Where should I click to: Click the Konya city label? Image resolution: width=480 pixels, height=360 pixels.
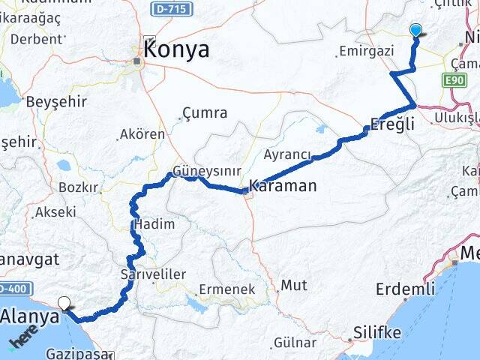175,49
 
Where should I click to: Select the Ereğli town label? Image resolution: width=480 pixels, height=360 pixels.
394,125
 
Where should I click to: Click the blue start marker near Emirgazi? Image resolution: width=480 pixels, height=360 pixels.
416,30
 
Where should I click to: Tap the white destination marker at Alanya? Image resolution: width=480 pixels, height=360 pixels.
65,304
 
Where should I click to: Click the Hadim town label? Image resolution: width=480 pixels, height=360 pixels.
154,223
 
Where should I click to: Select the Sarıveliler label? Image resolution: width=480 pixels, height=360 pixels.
153,274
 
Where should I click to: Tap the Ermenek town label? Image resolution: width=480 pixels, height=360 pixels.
226,289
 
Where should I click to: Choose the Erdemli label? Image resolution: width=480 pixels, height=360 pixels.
405,289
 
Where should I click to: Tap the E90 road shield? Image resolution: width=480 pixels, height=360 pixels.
454,80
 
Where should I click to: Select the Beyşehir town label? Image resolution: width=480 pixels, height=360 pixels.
52,101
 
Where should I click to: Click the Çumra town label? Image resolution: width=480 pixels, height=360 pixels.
204,113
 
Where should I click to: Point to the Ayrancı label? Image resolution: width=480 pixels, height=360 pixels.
287,154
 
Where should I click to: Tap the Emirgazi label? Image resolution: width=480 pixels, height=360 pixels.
366,51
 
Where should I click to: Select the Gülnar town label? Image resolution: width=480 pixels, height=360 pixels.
295,343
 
